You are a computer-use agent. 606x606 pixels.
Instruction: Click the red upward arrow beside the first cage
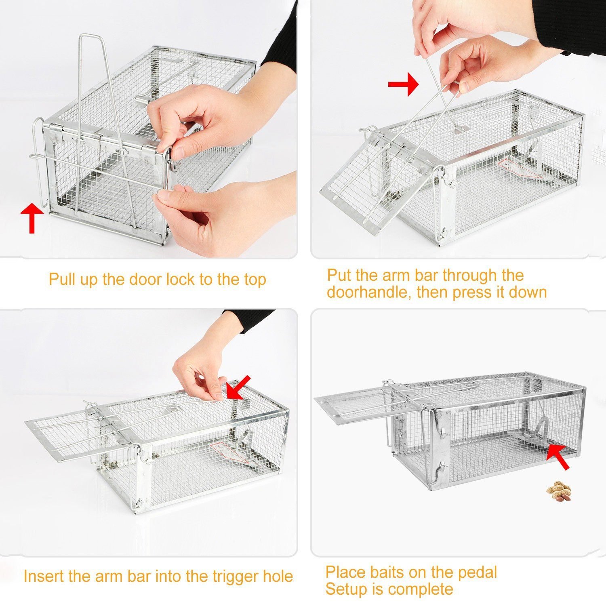(x=32, y=218)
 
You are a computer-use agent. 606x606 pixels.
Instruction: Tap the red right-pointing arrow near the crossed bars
(x=403, y=84)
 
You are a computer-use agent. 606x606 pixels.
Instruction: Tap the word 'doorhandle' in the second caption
(x=369, y=292)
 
